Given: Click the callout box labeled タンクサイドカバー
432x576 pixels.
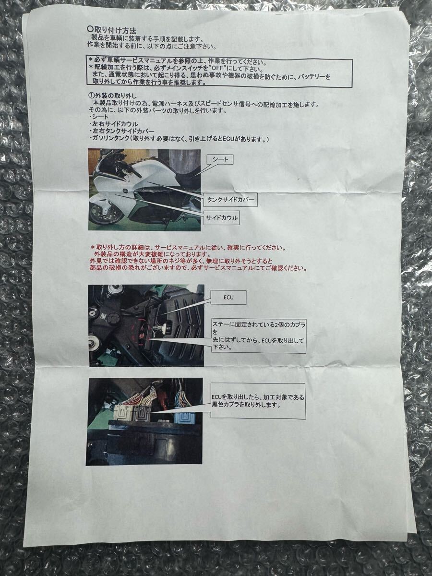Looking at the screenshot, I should tap(230, 198).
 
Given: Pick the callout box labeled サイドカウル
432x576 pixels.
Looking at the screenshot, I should tap(221, 217).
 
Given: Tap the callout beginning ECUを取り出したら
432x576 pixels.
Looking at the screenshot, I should tap(258, 401).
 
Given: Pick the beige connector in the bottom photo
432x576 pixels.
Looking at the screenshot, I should tap(122, 412).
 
